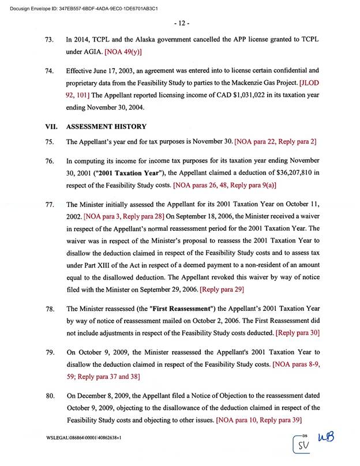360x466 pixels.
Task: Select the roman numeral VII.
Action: coord(51,126)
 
